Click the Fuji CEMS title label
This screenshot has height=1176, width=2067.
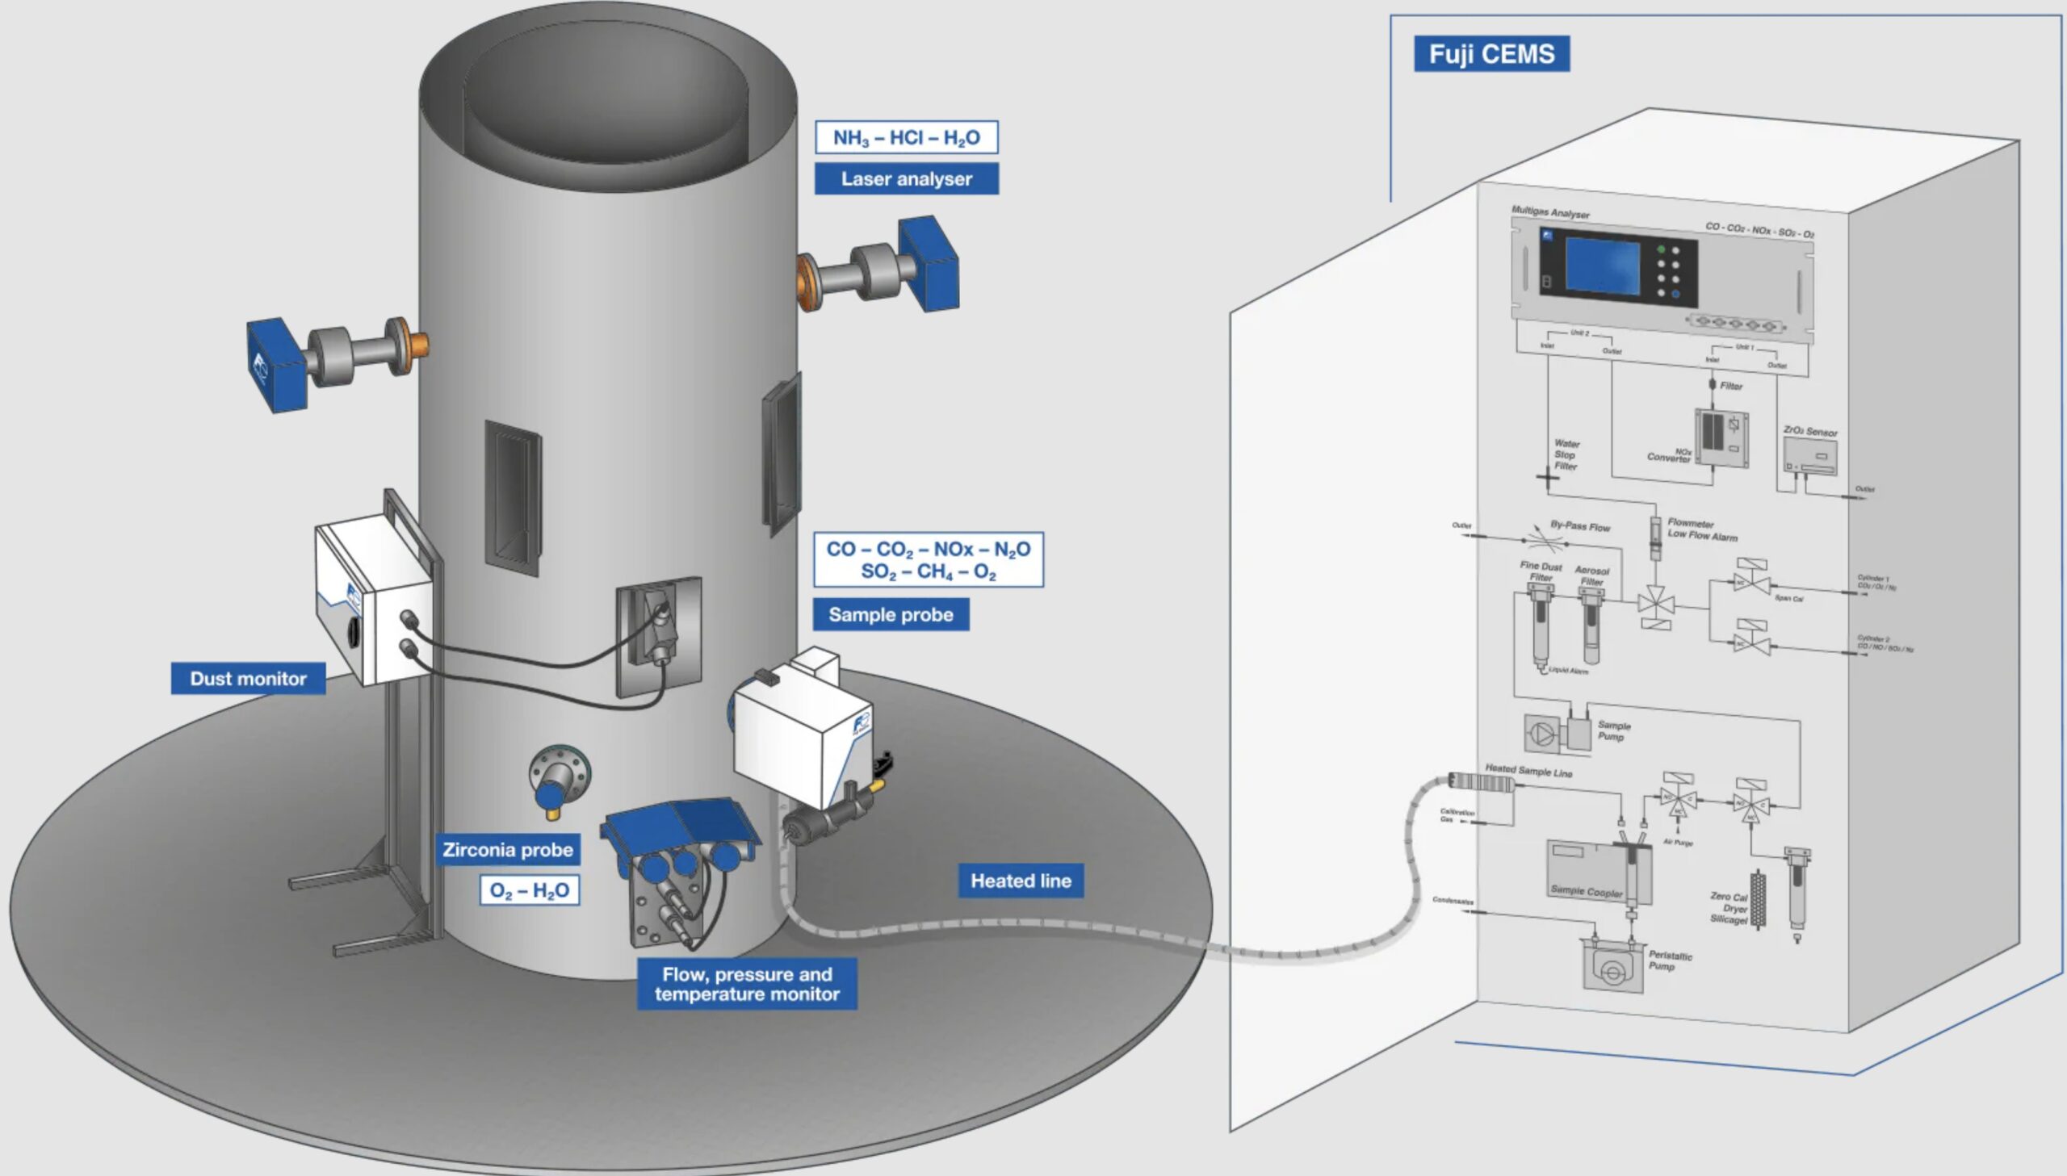coord(1491,54)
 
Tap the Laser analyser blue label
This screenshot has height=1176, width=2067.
coord(905,178)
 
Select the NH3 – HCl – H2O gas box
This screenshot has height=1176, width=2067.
coord(905,137)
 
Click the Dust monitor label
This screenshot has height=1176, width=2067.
coord(248,679)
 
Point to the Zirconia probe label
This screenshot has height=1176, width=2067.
coord(507,850)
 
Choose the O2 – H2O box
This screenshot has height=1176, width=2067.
coord(529,890)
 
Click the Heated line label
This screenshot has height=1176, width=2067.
coord(1020,881)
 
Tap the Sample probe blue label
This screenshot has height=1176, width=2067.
coord(890,615)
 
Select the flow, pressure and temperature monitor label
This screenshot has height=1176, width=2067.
coord(746,984)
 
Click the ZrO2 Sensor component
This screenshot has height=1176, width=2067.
coord(1809,457)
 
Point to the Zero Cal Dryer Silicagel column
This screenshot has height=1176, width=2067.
coord(1758,901)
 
